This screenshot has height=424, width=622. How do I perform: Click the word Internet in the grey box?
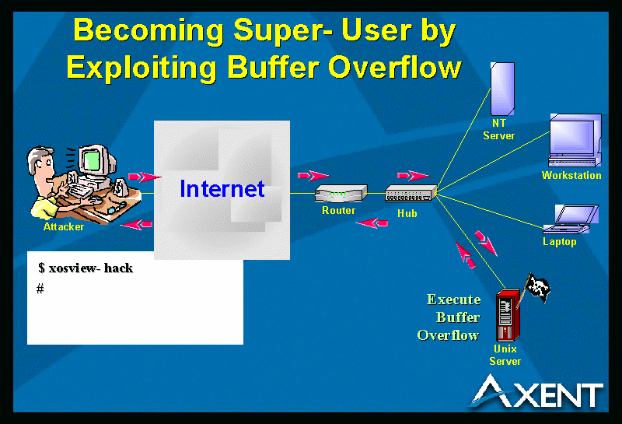click(x=222, y=188)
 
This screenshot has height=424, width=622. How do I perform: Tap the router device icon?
click(x=341, y=194)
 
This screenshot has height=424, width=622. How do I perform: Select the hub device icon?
click(x=411, y=194)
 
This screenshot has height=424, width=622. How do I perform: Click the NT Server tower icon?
click(x=502, y=89)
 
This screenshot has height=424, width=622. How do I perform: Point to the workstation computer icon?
click(x=575, y=140)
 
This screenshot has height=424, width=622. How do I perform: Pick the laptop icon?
click(x=571, y=219)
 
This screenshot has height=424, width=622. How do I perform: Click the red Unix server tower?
click(x=508, y=316)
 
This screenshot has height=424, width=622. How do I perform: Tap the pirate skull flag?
click(x=538, y=286)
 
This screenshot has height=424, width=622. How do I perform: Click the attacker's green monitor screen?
click(x=92, y=159)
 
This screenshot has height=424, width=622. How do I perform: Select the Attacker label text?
click(x=64, y=226)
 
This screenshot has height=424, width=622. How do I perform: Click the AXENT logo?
click(x=537, y=392)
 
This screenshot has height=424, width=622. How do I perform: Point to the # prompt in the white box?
click(x=40, y=289)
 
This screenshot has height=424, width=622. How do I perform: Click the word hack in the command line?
click(x=118, y=268)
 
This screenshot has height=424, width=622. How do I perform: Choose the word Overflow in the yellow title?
click(x=395, y=67)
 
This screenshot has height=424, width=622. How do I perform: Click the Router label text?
click(x=338, y=210)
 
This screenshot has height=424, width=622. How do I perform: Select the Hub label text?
click(x=407, y=214)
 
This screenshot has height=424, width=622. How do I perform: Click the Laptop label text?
click(x=560, y=242)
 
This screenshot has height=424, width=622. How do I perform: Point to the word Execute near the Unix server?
click(x=454, y=300)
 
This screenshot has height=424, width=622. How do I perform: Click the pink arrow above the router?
click(x=313, y=175)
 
